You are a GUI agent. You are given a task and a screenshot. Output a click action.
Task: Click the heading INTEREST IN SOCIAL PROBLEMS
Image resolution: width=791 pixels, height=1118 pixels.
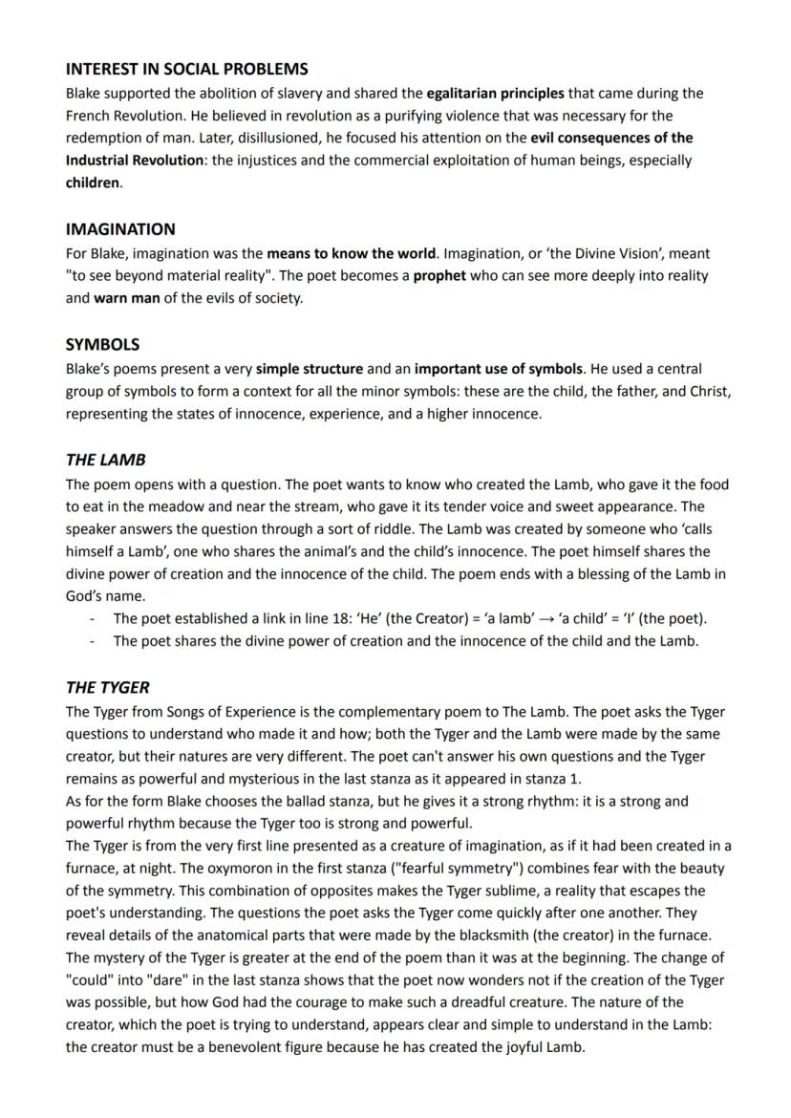tap(186, 69)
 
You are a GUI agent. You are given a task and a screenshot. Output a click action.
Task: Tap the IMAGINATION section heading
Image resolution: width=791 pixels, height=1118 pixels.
tap(120, 229)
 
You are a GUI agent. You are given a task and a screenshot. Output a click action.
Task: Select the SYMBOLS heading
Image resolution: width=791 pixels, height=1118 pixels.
tap(102, 344)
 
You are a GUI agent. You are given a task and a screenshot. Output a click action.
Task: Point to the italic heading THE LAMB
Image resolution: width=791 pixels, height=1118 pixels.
tap(106, 460)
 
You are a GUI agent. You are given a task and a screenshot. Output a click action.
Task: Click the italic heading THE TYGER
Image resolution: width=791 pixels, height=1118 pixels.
tap(108, 687)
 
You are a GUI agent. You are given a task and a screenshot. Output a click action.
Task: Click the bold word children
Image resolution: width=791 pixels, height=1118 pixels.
tap(93, 183)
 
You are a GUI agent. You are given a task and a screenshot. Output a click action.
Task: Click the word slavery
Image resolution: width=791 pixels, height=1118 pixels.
tap(325, 93)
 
